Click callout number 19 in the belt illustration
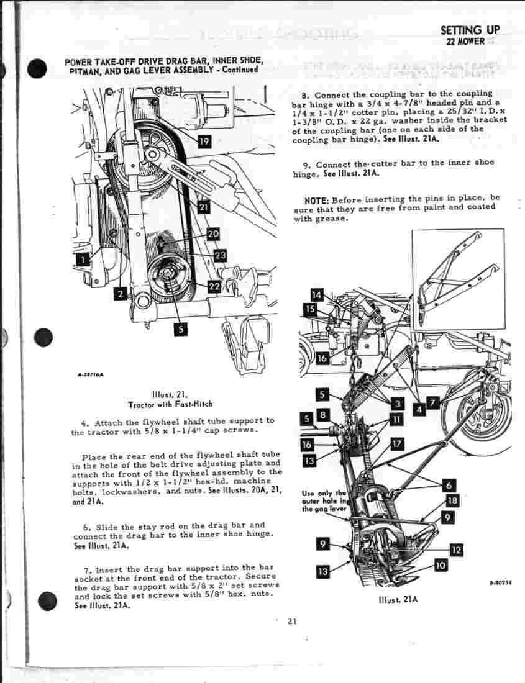pos(204,141)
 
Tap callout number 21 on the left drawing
pos(203,207)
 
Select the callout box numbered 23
pos(219,255)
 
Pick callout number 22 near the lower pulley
pos(214,286)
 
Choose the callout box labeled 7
pos(432,402)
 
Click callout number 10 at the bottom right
pos(441,566)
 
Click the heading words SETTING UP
pos(469,30)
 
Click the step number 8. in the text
pos(305,96)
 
